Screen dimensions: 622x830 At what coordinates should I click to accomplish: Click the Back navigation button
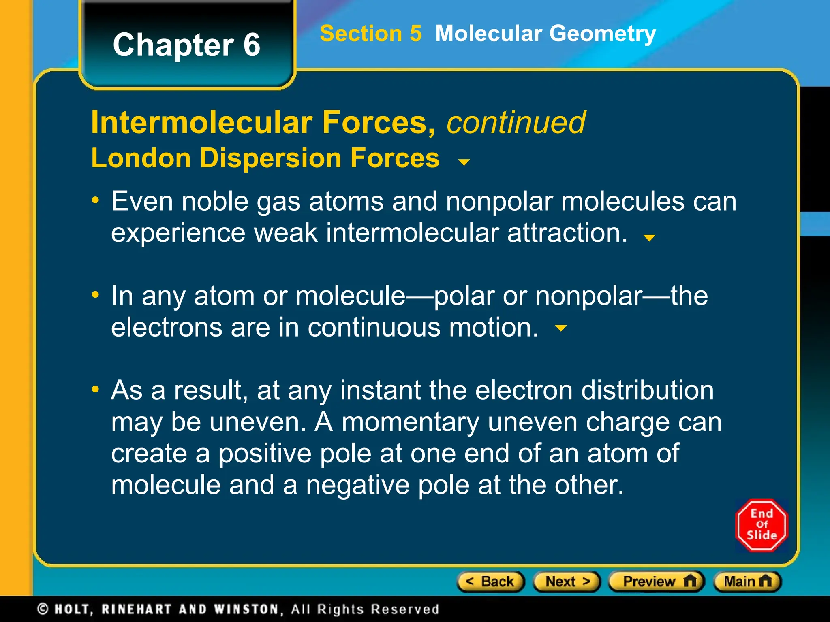(x=491, y=582)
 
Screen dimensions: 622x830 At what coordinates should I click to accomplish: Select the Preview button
(x=657, y=582)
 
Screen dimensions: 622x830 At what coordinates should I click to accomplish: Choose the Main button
(x=747, y=582)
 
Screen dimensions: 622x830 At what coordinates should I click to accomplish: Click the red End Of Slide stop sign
(x=762, y=525)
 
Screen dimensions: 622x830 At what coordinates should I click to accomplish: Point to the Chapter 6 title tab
(x=186, y=45)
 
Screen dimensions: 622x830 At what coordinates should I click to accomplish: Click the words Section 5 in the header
(x=370, y=33)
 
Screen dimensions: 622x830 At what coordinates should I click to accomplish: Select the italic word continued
(x=516, y=122)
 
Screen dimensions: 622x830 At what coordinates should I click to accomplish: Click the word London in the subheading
(x=141, y=158)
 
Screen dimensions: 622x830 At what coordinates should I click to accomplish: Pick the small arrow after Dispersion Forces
(x=464, y=162)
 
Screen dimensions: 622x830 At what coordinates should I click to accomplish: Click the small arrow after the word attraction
(x=649, y=238)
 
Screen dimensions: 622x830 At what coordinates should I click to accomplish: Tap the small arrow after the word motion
(x=560, y=328)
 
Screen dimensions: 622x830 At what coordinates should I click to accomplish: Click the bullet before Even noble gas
(x=96, y=200)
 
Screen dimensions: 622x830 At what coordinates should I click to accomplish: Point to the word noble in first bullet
(x=214, y=201)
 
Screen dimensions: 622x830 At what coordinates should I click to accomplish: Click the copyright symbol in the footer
(x=43, y=609)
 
